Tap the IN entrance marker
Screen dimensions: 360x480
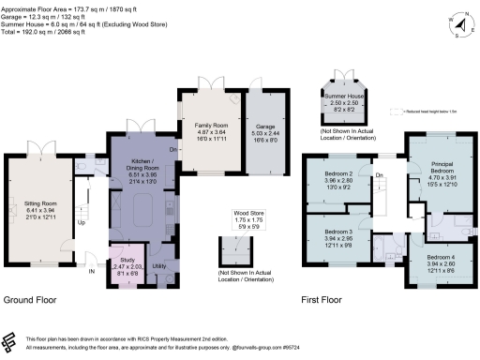click(x=91, y=271)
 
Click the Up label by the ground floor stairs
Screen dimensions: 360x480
click(x=81, y=222)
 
